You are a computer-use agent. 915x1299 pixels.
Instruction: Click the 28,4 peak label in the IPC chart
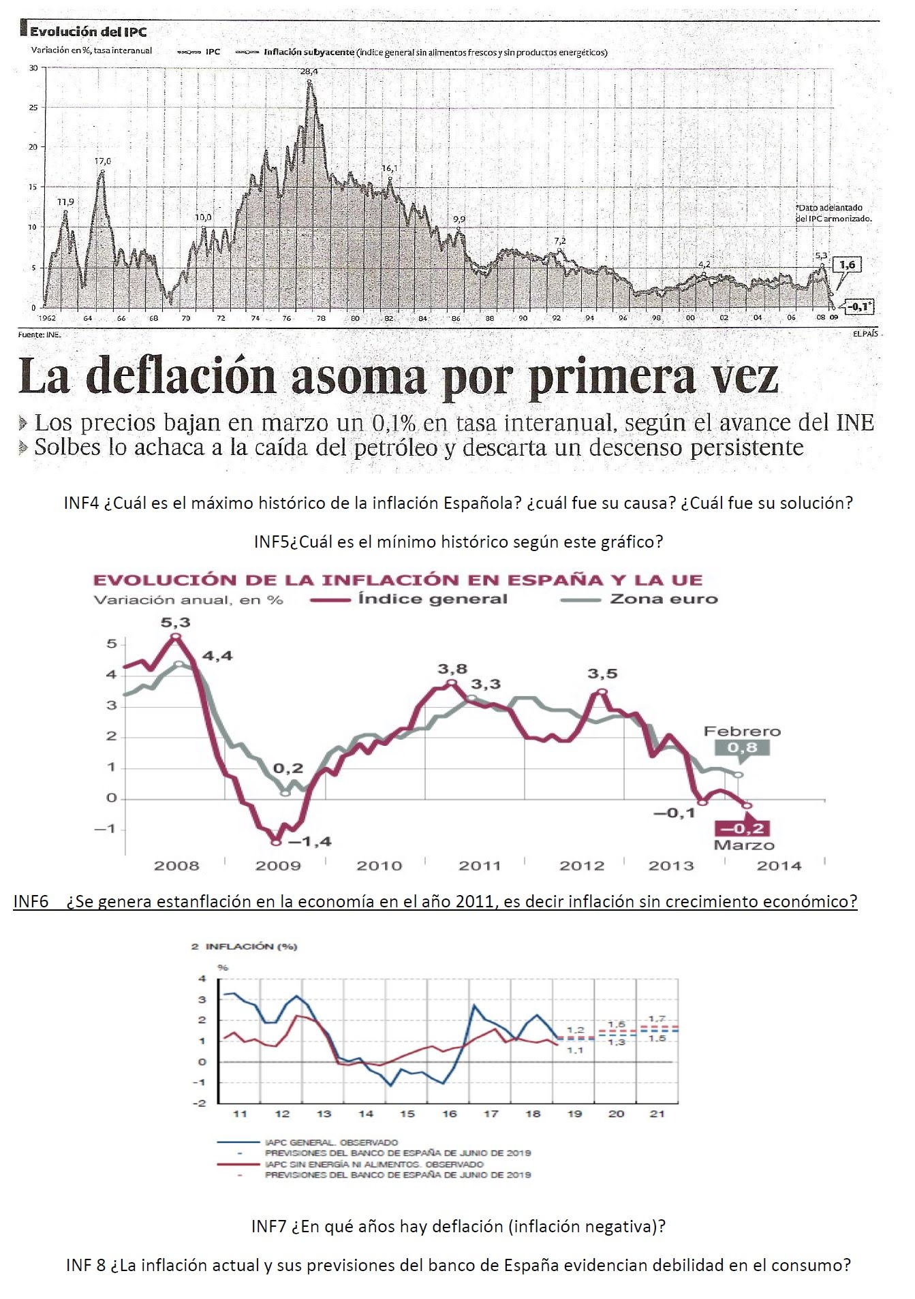point(309,72)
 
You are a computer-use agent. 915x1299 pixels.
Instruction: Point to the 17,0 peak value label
point(102,161)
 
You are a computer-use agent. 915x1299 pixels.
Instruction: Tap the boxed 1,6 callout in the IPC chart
point(847,265)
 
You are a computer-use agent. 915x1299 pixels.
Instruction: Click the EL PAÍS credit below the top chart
point(865,334)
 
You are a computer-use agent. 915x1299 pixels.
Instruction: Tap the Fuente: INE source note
point(40,334)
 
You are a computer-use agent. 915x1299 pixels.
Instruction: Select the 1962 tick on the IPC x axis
point(47,318)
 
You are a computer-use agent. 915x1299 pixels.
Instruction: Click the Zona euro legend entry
point(664,599)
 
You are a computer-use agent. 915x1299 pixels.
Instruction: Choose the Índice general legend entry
point(433,599)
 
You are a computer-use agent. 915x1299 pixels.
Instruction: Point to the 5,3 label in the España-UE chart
point(175,623)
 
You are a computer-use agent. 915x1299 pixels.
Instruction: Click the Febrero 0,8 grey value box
point(742,748)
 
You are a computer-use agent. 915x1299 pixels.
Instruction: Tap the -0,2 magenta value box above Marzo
point(742,828)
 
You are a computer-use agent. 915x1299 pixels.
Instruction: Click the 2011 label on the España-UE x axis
point(480,866)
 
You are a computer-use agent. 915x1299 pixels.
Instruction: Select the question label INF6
point(31,902)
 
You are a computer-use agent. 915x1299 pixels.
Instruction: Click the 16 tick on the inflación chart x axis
point(449,1114)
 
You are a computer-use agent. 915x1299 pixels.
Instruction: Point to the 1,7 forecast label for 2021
point(657,1019)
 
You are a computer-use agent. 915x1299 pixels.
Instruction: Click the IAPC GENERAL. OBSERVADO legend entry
point(331,1142)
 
